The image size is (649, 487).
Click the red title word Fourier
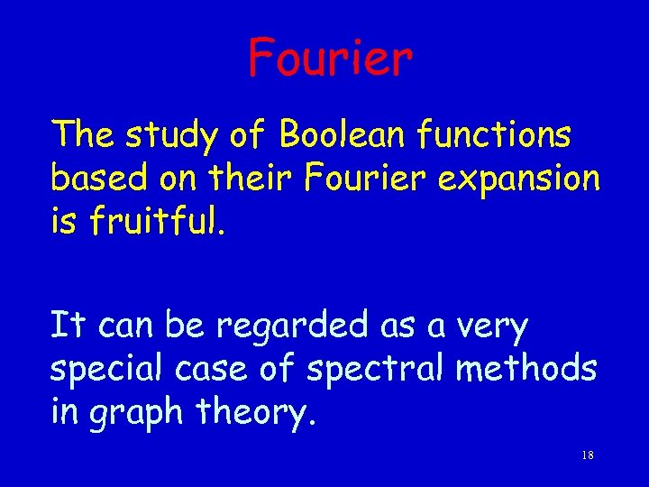click(330, 57)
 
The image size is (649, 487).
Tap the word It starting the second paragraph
click(67, 325)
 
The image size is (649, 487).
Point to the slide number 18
click(587, 455)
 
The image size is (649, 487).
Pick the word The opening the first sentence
click(85, 135)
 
